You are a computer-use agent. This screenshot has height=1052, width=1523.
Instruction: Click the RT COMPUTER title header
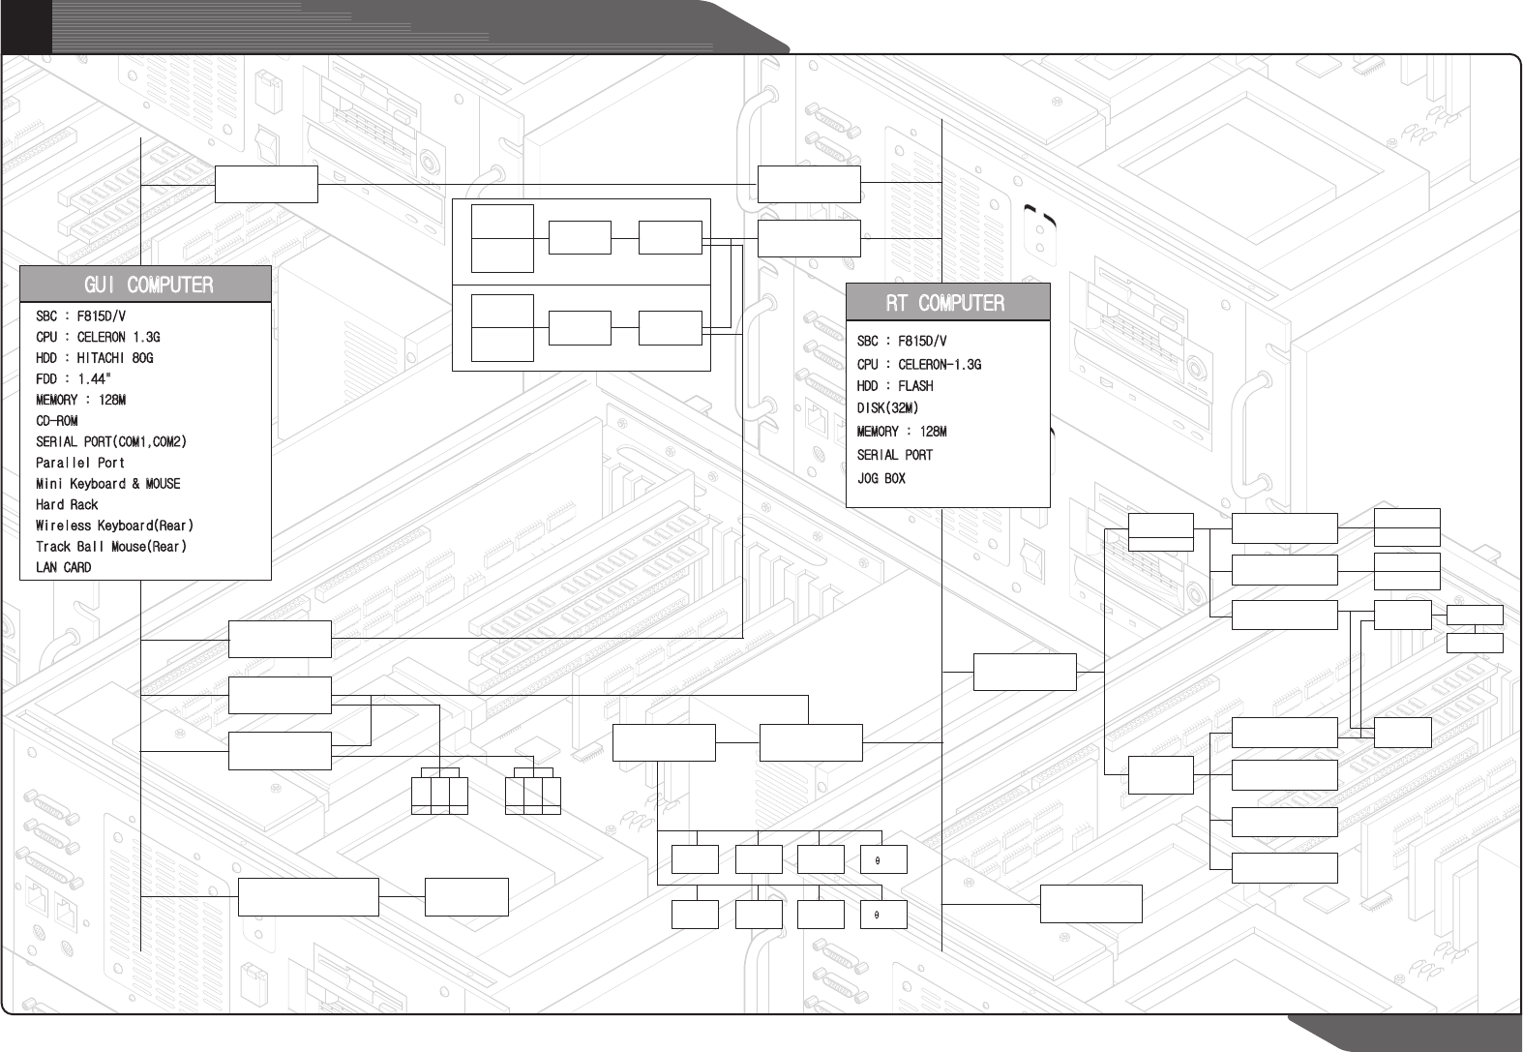coord(947,303)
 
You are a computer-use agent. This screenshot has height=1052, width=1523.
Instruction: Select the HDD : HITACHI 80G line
coord(94,358)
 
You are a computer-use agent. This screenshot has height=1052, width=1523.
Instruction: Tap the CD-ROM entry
coord(56,421)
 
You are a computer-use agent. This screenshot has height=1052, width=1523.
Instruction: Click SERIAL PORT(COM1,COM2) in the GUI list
coord(110,442)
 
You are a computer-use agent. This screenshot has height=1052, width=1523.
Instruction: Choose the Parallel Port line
coord(80,463)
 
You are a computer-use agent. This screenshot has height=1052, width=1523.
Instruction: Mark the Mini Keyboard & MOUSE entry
coord(107,484)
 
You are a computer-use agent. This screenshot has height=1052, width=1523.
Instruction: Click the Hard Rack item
coord(67,505)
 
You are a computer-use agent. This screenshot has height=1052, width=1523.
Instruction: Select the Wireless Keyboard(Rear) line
coord(114,526)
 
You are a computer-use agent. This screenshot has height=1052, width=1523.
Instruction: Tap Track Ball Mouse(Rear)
coord(110,547)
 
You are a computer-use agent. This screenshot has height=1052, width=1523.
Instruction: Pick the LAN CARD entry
coord(63,568)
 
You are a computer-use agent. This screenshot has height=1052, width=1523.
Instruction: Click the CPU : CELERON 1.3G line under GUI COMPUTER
coord(98,338)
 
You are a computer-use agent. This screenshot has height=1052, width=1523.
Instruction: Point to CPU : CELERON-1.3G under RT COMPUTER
coord(918,365)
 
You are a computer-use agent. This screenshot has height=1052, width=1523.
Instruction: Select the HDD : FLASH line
coord(895,386)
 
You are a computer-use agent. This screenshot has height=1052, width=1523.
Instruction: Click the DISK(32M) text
coord(887,408)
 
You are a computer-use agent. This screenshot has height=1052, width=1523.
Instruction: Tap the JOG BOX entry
coord(881,478)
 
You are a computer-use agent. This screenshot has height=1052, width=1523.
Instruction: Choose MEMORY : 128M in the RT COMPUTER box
coord(901,432)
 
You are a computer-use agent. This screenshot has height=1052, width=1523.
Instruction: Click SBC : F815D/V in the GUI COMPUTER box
coord(80,316)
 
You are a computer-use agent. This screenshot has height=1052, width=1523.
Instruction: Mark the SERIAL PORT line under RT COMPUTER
coord(894,455)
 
